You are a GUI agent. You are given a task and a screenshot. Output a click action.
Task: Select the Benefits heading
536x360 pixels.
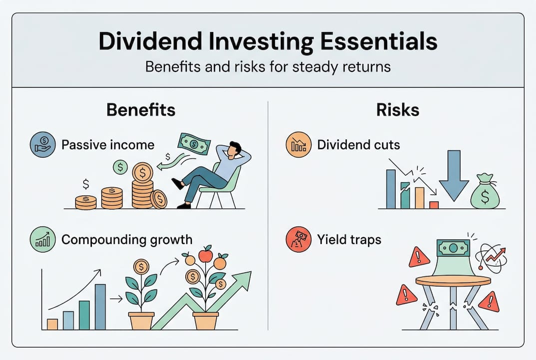[141, 110]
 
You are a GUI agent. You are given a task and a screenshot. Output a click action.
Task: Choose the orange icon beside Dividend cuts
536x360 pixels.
[299, 145]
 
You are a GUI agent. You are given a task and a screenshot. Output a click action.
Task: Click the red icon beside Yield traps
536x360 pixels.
[299, 239]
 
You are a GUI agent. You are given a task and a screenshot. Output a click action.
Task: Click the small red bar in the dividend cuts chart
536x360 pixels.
[434, 204]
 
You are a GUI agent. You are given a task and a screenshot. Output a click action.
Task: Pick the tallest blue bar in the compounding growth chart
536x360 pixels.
[100, 306]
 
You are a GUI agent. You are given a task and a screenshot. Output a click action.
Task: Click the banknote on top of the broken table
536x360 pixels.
[453, 247]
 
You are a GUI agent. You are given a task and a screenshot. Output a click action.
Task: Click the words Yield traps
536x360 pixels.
[349, 239]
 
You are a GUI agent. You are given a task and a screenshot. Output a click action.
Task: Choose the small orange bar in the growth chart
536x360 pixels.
[52, 324]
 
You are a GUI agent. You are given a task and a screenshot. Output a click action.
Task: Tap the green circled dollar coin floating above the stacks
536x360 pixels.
[120, 167]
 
